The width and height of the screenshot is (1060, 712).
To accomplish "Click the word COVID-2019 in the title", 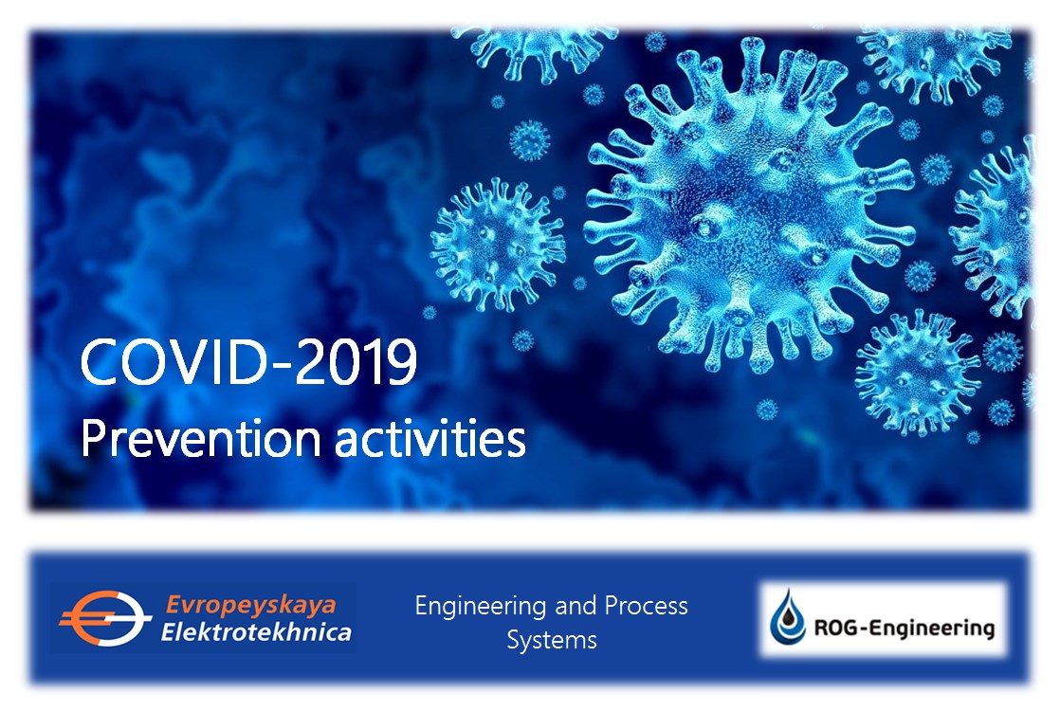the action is coord(248,362).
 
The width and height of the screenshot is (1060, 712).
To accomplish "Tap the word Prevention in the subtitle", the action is coord(200,439).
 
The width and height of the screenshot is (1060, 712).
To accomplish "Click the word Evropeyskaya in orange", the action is coord(251,604).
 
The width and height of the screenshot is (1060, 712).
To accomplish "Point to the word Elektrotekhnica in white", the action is coord(256,632).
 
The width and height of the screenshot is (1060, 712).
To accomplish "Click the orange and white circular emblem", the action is coord(104,618).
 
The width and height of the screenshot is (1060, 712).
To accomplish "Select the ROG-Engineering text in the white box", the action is coord(904,629).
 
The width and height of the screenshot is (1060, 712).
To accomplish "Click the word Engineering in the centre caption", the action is coord(481,607).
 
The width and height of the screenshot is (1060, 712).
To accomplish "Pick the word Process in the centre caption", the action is coord(646,606).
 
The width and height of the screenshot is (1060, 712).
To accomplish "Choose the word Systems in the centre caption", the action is coord(552,640).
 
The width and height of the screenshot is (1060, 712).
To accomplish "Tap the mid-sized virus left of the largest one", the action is coord(498,244).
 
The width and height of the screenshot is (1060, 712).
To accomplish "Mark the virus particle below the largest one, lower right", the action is coord(917,373).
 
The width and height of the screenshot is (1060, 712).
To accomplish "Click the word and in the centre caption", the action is coord(576,606).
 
